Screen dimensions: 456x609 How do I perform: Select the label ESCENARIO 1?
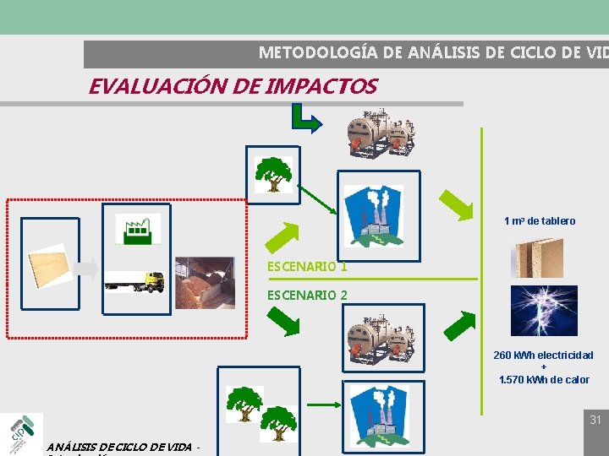307,266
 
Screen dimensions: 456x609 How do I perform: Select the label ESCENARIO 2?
307,296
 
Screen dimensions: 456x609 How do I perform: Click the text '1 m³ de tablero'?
540,221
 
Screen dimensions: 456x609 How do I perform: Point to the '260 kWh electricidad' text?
543,356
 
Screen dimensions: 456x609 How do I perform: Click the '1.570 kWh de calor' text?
544,380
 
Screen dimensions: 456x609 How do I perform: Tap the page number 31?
595,420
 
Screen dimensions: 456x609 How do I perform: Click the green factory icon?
137,228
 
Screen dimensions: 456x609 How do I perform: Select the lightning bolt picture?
544,310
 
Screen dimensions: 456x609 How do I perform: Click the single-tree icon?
273,174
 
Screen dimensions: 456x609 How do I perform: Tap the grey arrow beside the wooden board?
85,269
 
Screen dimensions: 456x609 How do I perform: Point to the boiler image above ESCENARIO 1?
380,133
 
